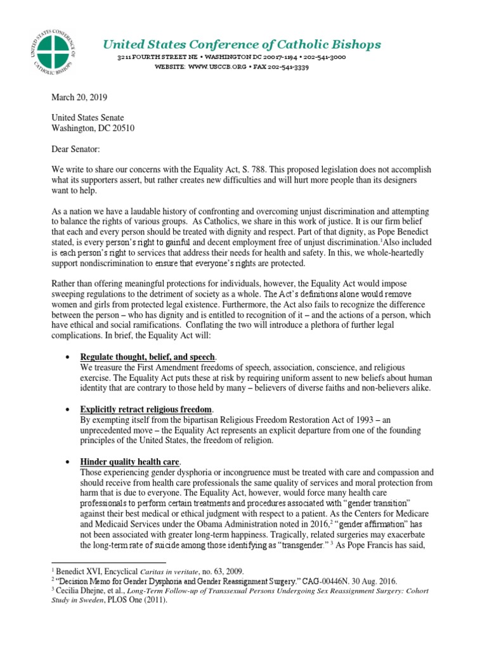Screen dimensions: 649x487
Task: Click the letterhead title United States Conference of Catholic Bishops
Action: tap(243, 44)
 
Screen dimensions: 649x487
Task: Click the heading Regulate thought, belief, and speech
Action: tap(147, 357)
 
